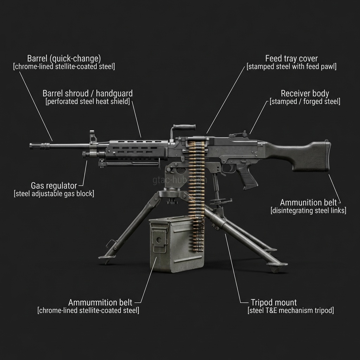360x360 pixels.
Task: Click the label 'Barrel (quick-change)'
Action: pos(64,58)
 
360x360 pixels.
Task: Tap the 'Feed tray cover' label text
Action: pos(291,58)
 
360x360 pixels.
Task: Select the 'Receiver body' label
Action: pos(305,94)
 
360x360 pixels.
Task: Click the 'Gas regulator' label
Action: pos(54,185)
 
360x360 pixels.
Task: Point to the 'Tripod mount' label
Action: pos(274,302)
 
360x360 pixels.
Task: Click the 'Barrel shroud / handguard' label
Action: pos(88,94)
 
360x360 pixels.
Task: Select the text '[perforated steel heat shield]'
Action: pos(88,102)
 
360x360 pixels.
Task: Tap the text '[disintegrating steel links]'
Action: pos(308,211)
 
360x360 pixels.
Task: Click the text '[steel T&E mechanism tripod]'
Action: pos(291,310)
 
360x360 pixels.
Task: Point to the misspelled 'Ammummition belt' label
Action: pos(100,302)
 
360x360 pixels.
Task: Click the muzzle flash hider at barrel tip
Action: pos(40,146)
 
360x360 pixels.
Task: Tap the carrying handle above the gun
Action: pos(184,127)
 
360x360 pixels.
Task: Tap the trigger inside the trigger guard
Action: pos(232,168)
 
